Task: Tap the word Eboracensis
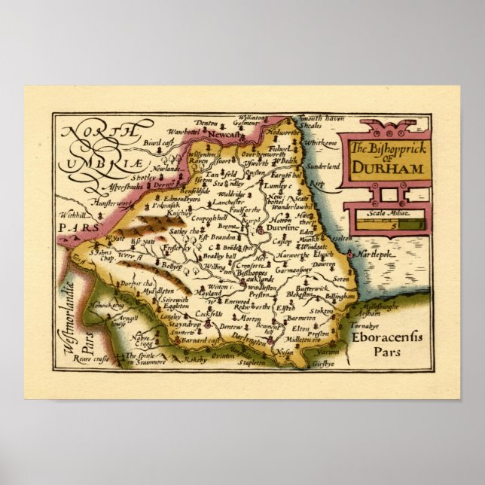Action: (x=386, y=337)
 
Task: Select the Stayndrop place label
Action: (x=174, y=322)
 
